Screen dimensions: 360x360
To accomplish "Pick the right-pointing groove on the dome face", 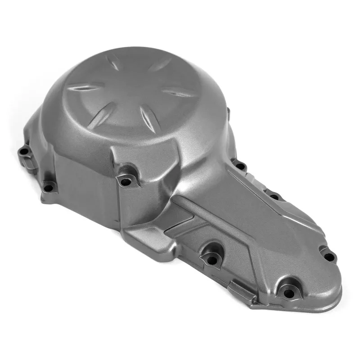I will tap(179, 92).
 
